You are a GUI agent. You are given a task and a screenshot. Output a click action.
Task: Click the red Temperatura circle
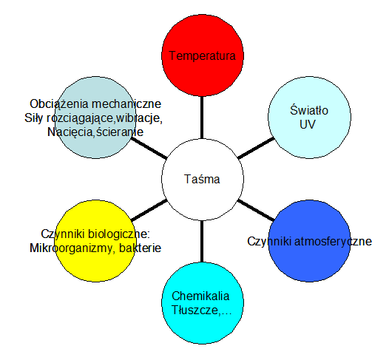[x=203, y=55]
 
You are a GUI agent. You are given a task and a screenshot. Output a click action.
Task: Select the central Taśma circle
[x=203, y=179]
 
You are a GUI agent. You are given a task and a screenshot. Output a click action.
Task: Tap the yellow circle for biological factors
[x=95, y=241]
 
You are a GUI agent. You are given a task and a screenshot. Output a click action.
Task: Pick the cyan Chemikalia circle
[x=203, y=303]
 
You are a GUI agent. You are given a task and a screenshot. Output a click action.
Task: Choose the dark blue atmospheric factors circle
[x=310, y=241]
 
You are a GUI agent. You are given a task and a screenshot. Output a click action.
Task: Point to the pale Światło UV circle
[x=310, y=118]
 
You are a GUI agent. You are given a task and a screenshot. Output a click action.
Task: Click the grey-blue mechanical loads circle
[x=95, y=118]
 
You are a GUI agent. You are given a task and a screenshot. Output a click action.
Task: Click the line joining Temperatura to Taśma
[x=202, y=118]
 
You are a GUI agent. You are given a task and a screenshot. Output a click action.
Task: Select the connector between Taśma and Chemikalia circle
[x=202, y=241]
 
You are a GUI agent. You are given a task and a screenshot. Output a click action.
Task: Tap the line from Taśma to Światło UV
[x=256, y=148]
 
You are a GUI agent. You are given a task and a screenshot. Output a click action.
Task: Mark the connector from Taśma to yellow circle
[x=149, y=210]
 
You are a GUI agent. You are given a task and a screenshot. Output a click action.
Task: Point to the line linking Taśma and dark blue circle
[x=256, y=210]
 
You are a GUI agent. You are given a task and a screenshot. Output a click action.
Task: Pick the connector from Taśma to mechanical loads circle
[x=149, y=148]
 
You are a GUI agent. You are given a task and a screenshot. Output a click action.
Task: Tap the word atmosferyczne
[x=333, y=241]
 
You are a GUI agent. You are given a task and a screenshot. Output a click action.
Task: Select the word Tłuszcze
[x=195, y=310]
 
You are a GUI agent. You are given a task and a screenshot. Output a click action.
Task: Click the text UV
[x=308, y=124]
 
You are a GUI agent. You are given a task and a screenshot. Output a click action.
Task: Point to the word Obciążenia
[x=59, y=104]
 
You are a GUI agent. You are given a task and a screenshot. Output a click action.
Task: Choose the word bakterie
[x=141, y=248]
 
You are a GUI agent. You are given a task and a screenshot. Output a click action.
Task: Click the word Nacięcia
[x=70, y=132]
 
